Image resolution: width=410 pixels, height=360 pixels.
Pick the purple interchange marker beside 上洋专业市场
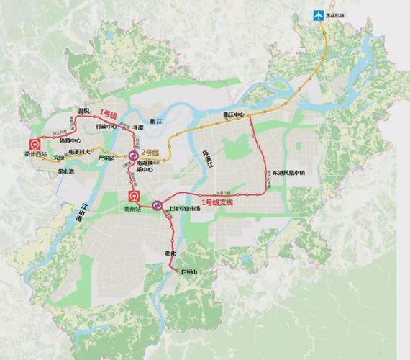click(x=157, y=206)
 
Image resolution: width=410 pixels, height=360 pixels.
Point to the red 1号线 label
click(x=109, y=114)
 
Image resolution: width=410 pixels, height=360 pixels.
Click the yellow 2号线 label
click(x=152, y=152)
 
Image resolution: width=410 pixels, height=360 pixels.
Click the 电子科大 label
click(x=79, y=152)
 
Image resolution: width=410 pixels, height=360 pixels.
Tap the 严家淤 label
click(x=106, y=158)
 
